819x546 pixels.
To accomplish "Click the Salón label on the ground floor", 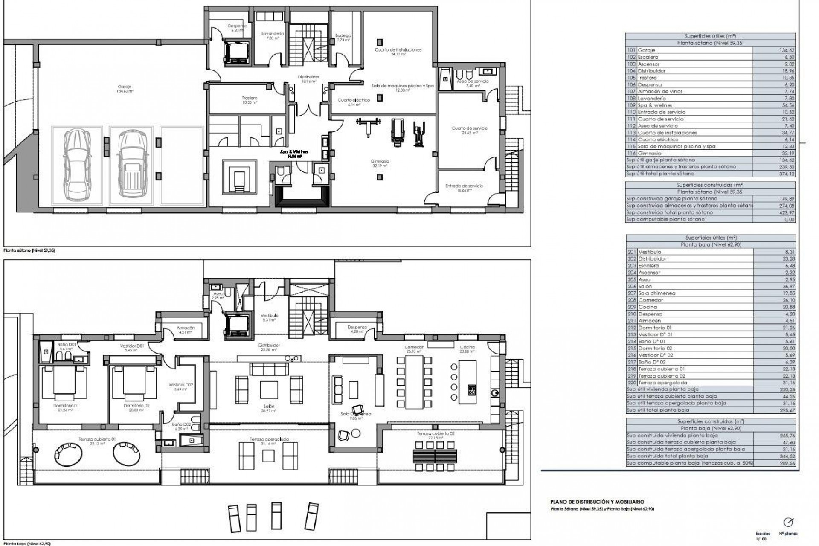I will tap(269, 407).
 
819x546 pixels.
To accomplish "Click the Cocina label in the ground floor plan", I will tap(467, 347).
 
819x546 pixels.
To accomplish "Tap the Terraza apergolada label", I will tap(269, 439).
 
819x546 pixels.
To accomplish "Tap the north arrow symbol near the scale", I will tap(788, 523).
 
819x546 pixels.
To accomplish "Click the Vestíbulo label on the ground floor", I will tap(270, 316).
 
